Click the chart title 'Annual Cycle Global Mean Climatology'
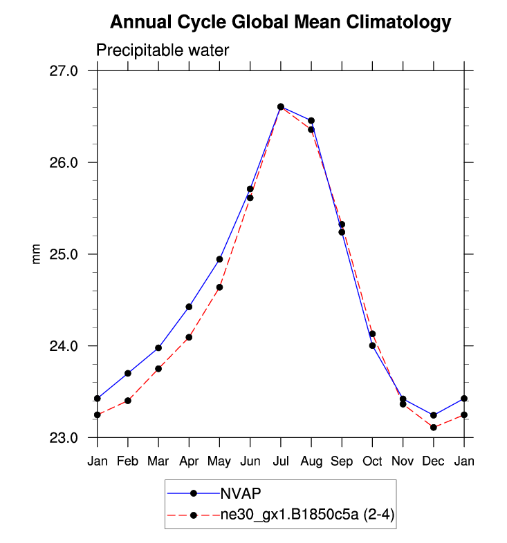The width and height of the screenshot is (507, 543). click(x=281, y=23)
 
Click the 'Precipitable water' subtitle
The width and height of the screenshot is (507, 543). click(x=162, y=50)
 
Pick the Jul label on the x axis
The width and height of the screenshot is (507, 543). click(x=281, y=461)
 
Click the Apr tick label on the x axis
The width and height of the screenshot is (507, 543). click(x=189, y=461)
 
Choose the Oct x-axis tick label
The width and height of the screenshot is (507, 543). click(x=372, y=461)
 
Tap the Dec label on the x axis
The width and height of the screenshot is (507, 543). click(x=433, y=461)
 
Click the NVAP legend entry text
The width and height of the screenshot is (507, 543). click(x=240, y=493)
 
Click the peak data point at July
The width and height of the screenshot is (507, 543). click(x=281, y=106)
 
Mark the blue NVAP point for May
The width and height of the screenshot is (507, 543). click(x=219, y=259)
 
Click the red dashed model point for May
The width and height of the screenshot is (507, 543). click(x=219, y=287)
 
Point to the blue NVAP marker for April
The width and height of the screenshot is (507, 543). click(x=189, y=307)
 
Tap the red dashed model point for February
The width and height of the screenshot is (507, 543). click(x=128, y=401)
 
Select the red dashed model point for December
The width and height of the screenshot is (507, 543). click(x=433, y=428)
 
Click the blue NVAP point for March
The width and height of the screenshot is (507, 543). click(x=158, y=348)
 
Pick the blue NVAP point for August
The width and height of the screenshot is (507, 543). click(x=311, y=121)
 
